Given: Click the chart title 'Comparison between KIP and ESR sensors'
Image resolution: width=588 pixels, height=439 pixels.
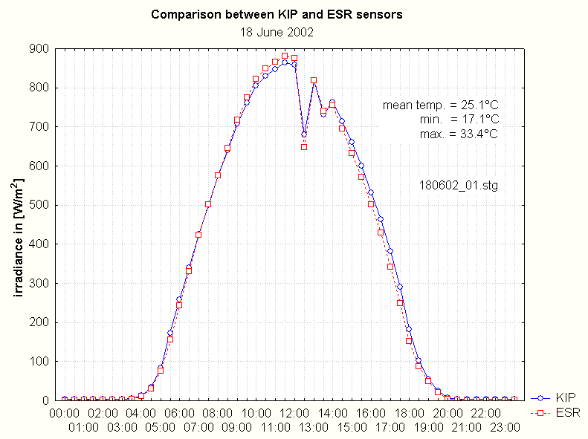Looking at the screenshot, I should pos(277,15).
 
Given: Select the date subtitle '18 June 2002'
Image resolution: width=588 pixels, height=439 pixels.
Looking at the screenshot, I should pos(277,33).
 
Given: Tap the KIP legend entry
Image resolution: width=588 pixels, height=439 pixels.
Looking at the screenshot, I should pos(566,397).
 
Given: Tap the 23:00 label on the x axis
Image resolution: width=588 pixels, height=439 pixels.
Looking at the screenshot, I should pos(505,427).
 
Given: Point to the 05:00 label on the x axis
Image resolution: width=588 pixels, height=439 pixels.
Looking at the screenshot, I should pos(160,427).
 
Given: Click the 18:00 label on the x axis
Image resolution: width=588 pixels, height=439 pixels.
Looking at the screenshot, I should pos(409,413).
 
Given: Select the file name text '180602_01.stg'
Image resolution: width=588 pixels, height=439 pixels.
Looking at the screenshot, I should pos(459,185).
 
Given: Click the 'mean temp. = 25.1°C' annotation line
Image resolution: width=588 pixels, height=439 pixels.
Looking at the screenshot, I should pos(440,105).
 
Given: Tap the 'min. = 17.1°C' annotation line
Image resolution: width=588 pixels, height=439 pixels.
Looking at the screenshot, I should pos(457,120).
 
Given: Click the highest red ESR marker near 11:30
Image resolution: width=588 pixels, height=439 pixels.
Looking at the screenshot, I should pos(285,56).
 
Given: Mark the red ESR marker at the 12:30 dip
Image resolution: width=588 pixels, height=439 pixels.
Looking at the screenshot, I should pos(304,146).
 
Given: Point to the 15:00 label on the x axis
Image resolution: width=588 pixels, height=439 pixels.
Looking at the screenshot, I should pos(352,427).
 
